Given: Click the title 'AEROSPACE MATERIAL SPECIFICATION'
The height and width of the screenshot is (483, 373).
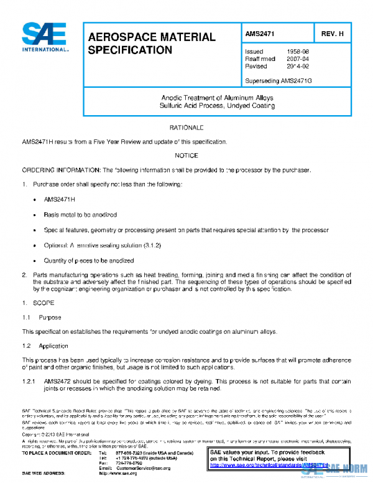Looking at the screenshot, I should (x=151, y=43).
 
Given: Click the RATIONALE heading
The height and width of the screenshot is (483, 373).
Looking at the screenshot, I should (x=186, y=128).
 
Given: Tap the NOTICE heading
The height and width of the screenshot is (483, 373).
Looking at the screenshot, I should (x=186, y=156).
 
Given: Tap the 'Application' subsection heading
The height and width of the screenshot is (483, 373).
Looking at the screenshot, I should (x=53, y=345).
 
